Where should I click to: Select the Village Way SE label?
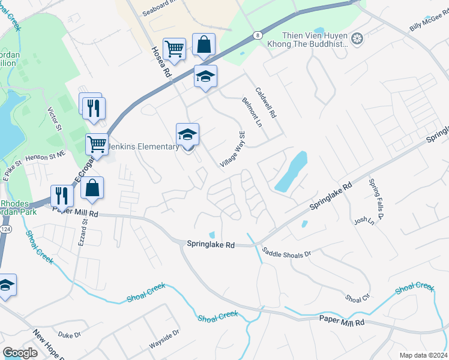click(233, 149)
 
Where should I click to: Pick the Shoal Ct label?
click(357, 298)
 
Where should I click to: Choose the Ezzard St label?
click(82, 233)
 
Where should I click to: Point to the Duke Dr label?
click(69, 335)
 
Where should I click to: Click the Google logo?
click(20, 353)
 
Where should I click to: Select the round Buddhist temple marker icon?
click(358, 39)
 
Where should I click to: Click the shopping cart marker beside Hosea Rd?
click(174, 47)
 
